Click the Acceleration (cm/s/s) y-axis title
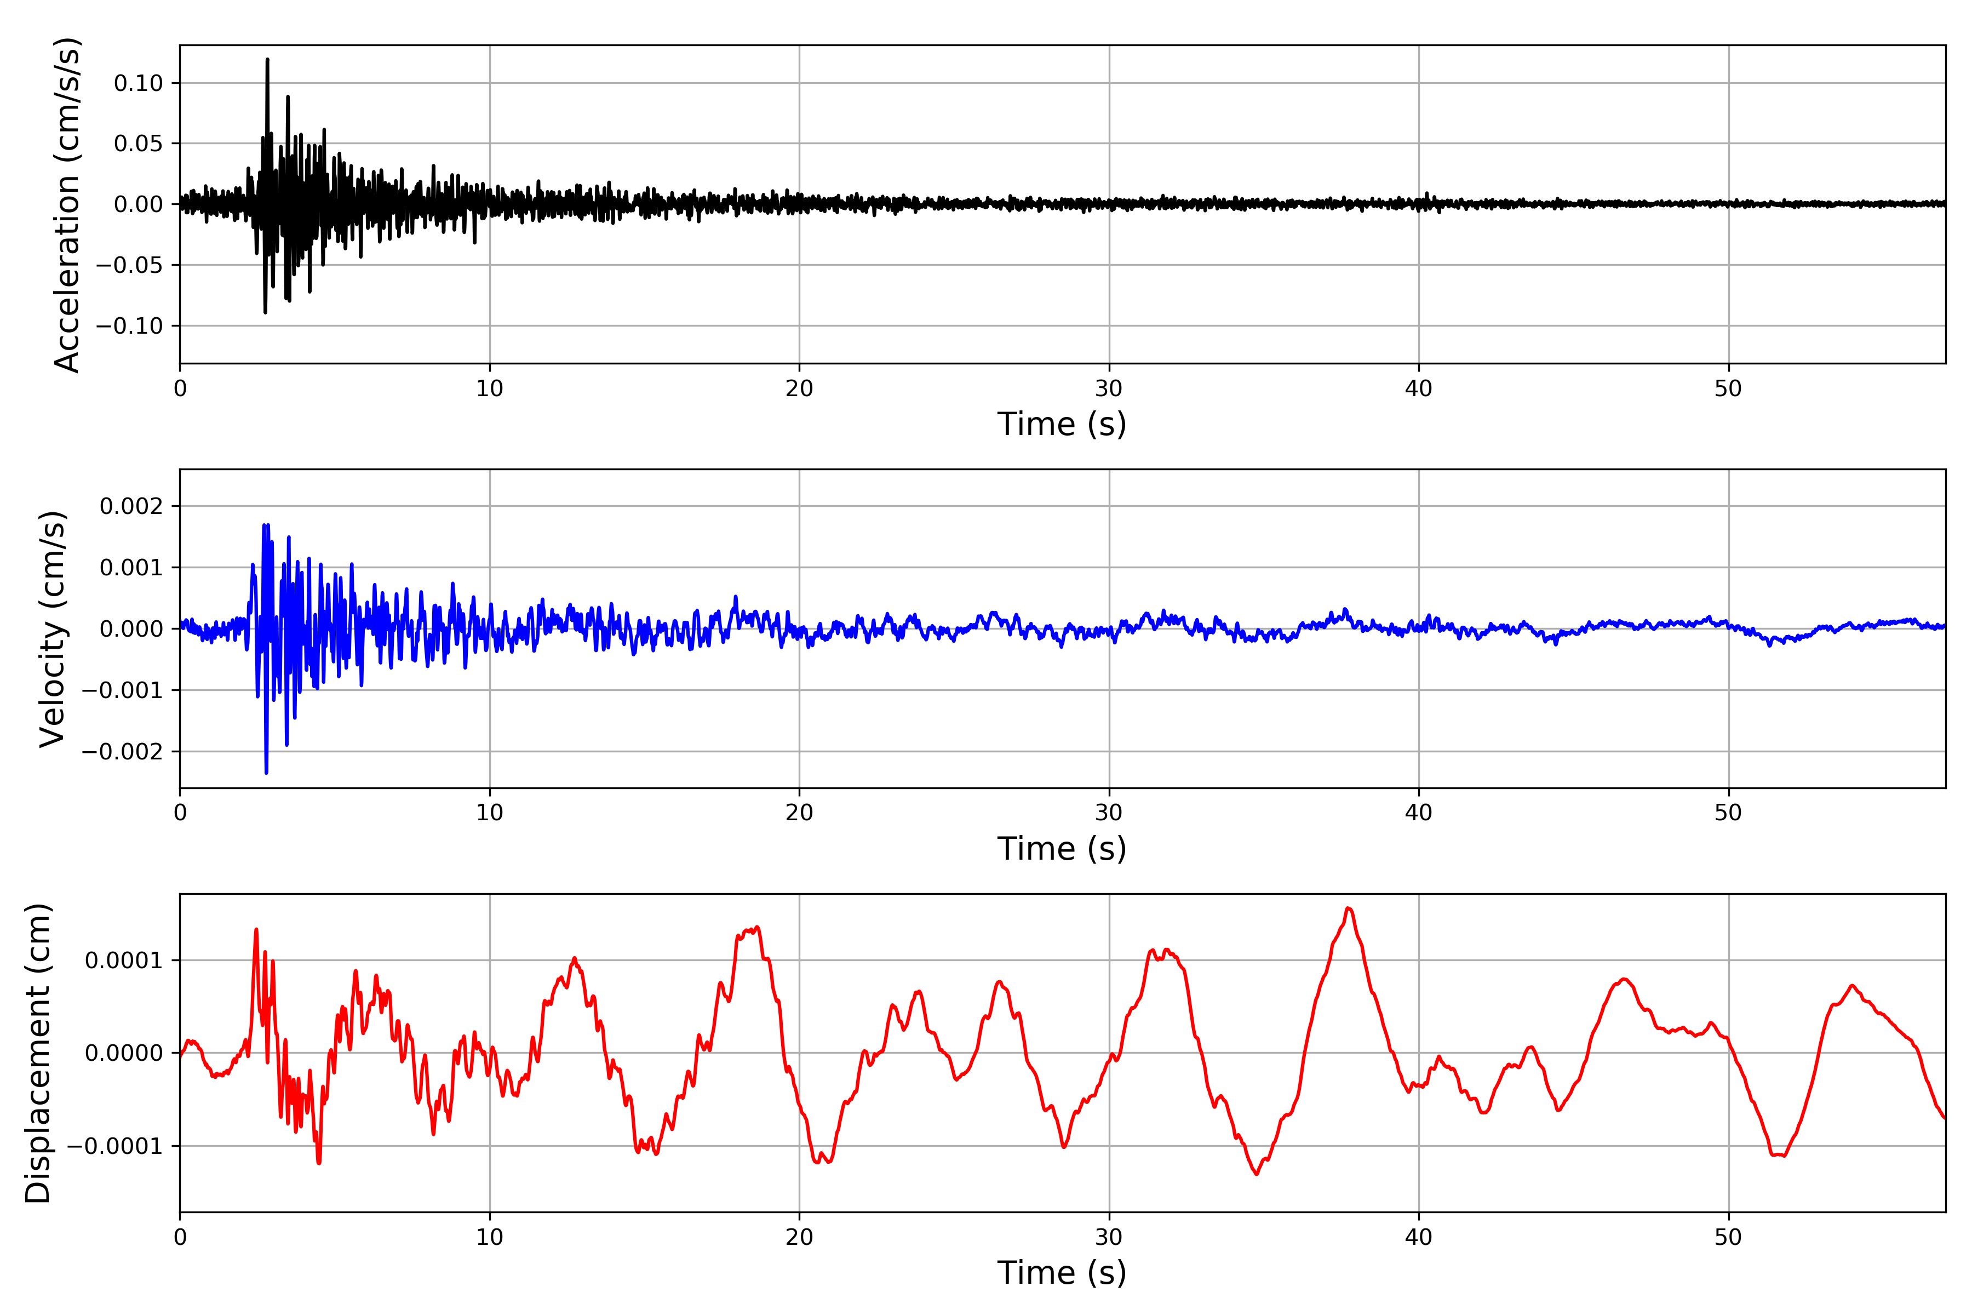pyautogui.click(x=67, y=204)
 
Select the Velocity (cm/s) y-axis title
pyautogui.click(x=53, y=629)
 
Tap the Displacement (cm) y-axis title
pyautogui.click(x=38, y=1053)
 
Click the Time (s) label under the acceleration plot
pyautogui.click(x=1062, y=424)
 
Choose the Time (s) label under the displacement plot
pyautogui.click(x=1062, y=1273)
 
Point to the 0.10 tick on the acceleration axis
pyautogui.click(x=139, y=83)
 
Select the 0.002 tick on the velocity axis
pyautogui.click(x=131, y=506)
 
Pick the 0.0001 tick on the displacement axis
pyautogui.click(x=123, y=960)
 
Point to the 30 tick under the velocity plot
pyautogui.click(x=1108, y=813)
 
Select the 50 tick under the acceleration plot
pyautogui.click(x=1728, y=388)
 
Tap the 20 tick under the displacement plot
pyautogui.click(x=799, y=1237)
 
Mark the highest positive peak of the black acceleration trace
pyautogui.click(x=267, y=60)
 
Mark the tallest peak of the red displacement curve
pyautogui.click(x=1348, y=908)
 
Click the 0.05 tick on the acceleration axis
pyautogui.click(x=139, y=144)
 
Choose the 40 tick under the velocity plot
pyautogui.click(x=1419, y=813)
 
